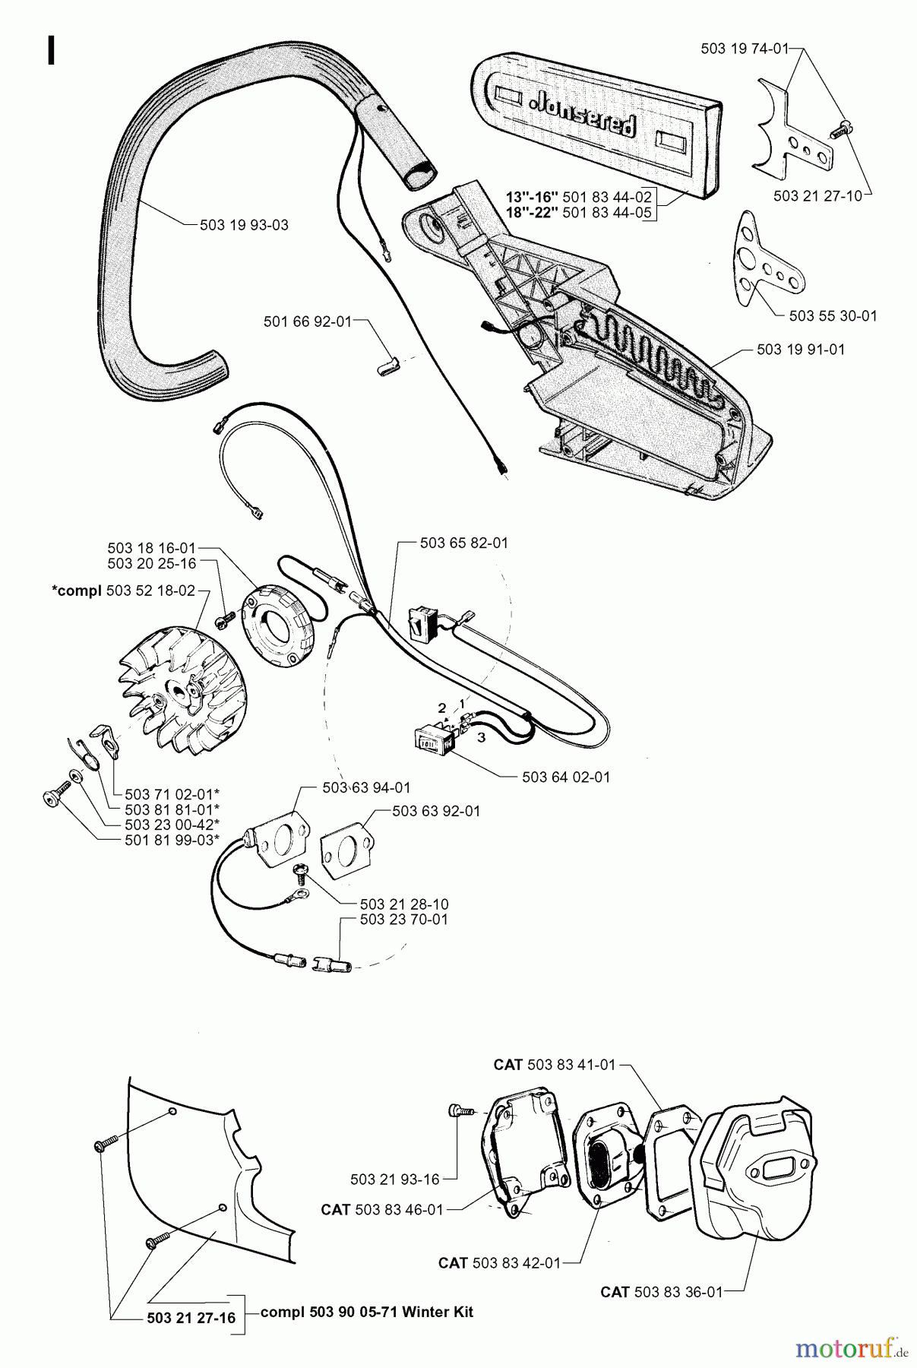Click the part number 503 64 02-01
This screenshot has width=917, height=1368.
click(x=566, y=777)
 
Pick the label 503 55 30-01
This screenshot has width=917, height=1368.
click(x=833, y=315)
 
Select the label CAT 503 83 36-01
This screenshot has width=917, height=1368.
click(x=660, y=1291)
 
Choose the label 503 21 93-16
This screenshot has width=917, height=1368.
click(x=394, y=1179)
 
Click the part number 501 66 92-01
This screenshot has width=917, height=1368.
click(x=308, y=321)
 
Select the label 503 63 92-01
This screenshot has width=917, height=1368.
click(x=436, y=811)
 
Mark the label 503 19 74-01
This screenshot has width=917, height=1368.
click(x=745, y=49)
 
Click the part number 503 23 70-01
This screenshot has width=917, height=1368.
click(x=403, y=920)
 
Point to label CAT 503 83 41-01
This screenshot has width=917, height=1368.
click(x=554, y=1065)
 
